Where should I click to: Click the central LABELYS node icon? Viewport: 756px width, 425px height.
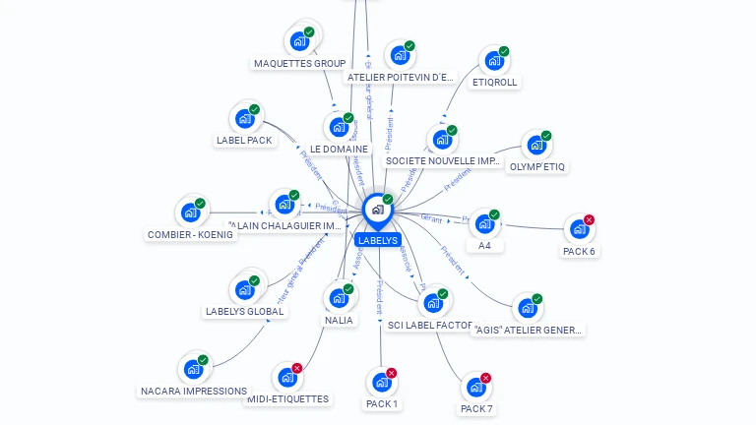(376, 210)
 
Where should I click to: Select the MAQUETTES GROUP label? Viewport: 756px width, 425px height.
(299, 64)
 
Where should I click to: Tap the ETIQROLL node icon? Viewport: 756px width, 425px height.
(494, 60)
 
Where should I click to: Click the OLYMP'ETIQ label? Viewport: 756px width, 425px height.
(536, 167)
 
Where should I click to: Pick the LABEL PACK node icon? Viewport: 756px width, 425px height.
(244, 119)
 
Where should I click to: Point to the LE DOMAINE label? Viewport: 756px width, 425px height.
(339, 150)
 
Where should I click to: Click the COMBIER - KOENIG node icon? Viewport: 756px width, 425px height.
(190, 212)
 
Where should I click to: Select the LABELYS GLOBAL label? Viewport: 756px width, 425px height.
(245, 312)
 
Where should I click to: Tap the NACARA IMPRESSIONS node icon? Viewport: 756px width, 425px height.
(193, 370)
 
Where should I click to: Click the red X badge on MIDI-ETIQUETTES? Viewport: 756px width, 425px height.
(297, 367)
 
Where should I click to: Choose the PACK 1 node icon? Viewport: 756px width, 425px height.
(381, 383)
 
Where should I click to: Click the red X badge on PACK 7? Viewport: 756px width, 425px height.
(485, 378)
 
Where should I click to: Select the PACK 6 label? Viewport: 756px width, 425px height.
(579, 251)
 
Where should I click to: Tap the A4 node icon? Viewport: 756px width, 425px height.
(483, 224)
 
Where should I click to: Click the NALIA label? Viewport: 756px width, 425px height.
(339, 321)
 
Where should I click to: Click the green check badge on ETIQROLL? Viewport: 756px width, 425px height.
(504, 51)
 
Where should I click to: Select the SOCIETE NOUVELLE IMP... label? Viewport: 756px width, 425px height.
(443, 160)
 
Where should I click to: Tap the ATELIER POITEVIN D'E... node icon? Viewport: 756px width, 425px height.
(400, 55)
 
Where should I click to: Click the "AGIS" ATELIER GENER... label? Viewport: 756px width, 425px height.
(529, 331)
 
